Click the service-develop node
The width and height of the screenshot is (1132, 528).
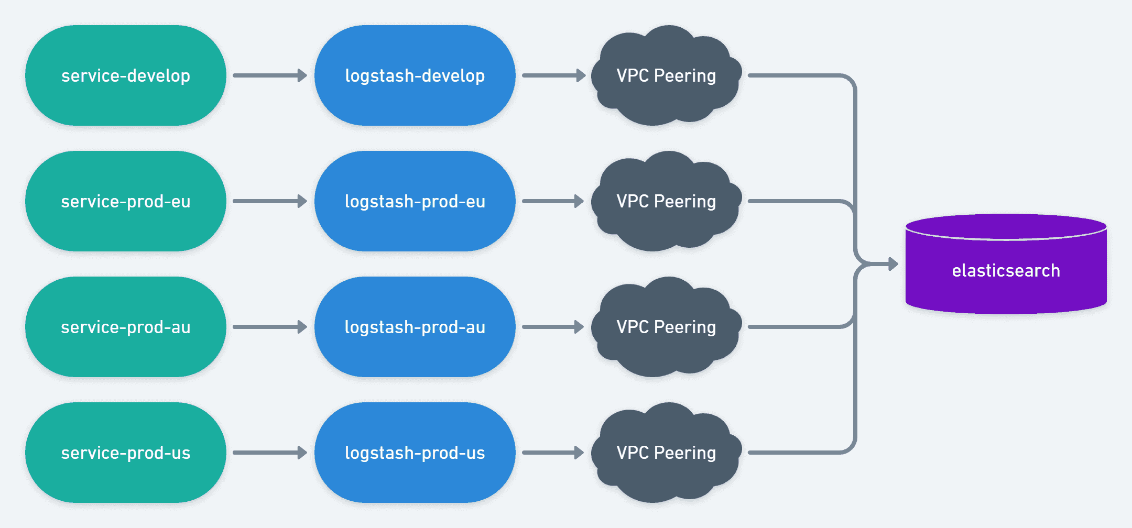click(x=126, y=75)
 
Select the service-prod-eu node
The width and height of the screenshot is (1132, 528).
click(x=126, y=201)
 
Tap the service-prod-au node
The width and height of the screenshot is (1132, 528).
click(x=126, y=327)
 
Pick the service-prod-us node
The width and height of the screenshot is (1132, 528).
click(x=126, y=453)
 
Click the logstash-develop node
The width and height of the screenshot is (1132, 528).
click(x=415, y=75)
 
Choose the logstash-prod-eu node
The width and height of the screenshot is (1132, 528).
click(x=415, y=201)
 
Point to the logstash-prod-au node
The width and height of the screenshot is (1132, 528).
click(x=415, y=327)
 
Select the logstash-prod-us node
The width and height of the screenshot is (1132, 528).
click(x=415, y=453)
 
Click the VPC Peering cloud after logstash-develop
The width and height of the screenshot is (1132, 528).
click(x=666, y=75)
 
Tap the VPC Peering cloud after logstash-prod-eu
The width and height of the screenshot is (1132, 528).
click(x=666, y=201)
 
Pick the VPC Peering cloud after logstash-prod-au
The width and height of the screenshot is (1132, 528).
click(x=666, y=327)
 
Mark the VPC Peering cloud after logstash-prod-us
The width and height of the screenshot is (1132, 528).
click(x=666, y=453)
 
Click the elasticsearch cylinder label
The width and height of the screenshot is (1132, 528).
click(x=1006, y=270)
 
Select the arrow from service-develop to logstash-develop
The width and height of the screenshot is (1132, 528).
click(x=270, y=75)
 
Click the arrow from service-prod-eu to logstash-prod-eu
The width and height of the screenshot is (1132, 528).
click(x=270, y=201)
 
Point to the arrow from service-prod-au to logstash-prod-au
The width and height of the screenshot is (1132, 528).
click(x=270, y=327)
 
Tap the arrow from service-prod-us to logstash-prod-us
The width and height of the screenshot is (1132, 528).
click(x=270, y=453)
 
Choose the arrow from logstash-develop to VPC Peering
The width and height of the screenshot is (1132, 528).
click(x=553, y=75)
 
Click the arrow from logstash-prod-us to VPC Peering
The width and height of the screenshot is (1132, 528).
click(x=553, y=453)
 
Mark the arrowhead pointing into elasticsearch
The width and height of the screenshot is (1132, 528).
click(x=893, y=264)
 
